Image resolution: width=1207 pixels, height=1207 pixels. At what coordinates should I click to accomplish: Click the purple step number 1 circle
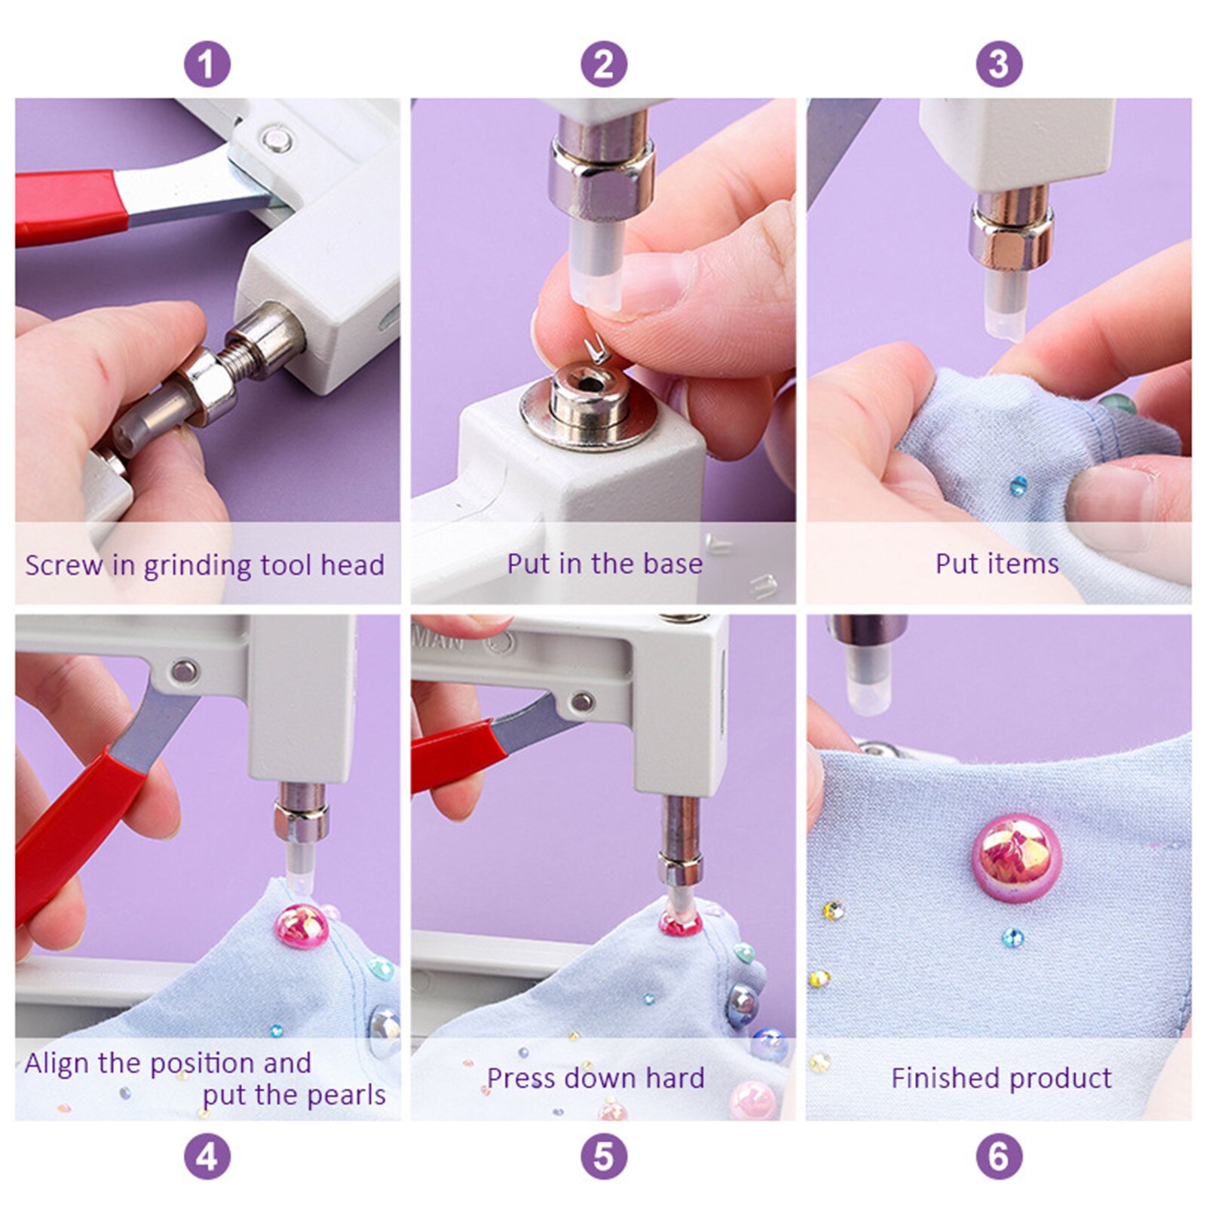pos(207,64)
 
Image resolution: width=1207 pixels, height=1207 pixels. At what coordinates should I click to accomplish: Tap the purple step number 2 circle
pos(603,64)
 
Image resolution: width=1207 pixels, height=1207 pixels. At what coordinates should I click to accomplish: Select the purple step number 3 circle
pos(999,64)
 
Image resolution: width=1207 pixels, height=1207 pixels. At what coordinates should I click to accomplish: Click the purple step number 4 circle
pos(207,1156)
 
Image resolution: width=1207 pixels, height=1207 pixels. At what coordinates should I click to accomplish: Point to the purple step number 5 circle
pos(603,1156)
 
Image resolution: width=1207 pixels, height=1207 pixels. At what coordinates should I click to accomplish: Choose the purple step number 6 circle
pos(999,1156)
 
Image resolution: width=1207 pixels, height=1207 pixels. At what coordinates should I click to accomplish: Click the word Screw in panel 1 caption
pos(63,565)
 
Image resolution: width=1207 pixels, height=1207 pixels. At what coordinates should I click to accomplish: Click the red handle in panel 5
pos(452,754)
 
